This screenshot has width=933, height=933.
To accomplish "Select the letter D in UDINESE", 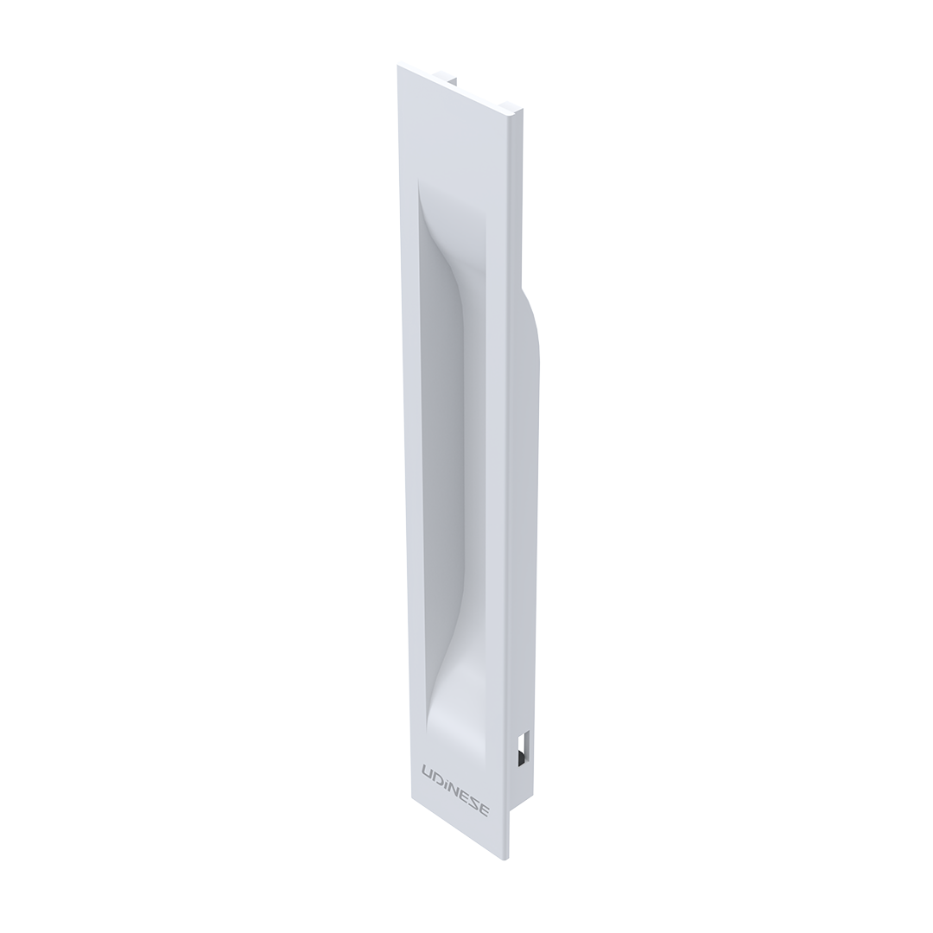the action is (437, 775).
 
